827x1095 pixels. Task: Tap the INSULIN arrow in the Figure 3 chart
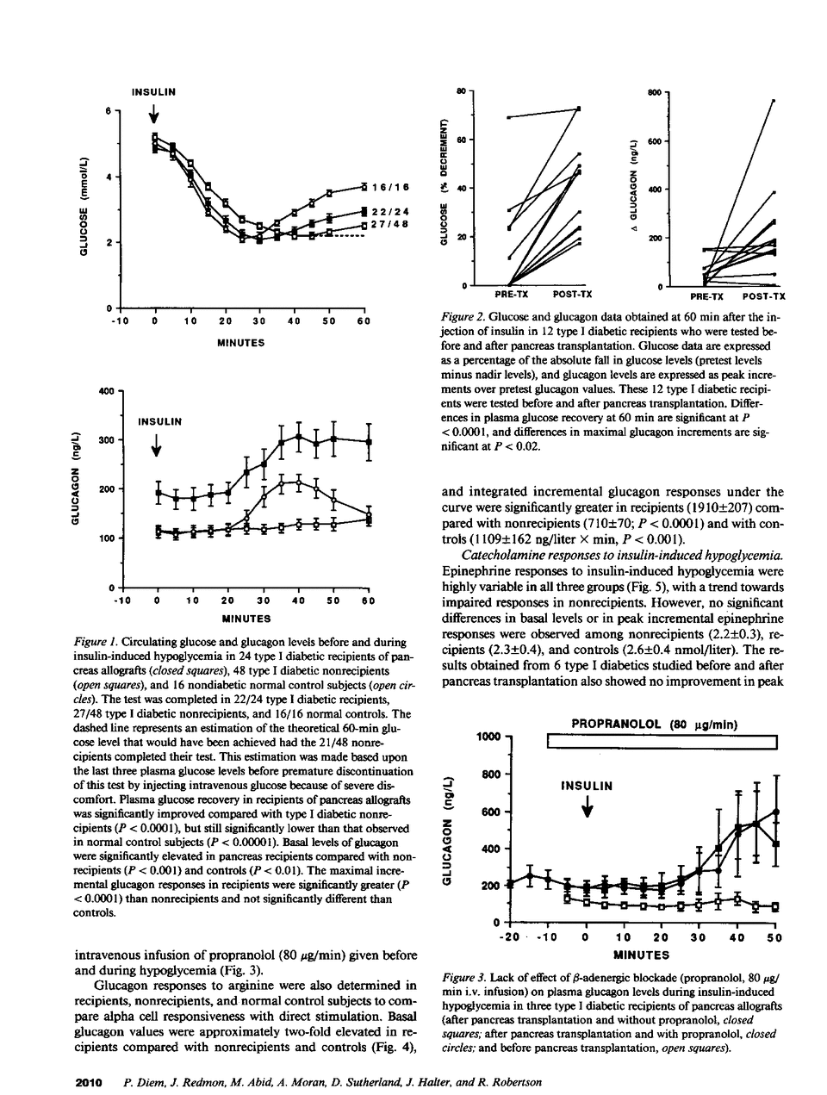[587, 806]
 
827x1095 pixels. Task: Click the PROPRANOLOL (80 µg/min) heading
[655, 725]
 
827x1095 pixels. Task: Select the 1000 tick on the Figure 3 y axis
[488, 737]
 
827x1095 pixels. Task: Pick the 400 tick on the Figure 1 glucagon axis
[107, 391]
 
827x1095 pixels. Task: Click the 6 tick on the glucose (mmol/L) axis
[109, 110]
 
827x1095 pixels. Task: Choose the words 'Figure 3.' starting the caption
[463, 980]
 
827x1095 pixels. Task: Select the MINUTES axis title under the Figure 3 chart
[640, 955]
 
